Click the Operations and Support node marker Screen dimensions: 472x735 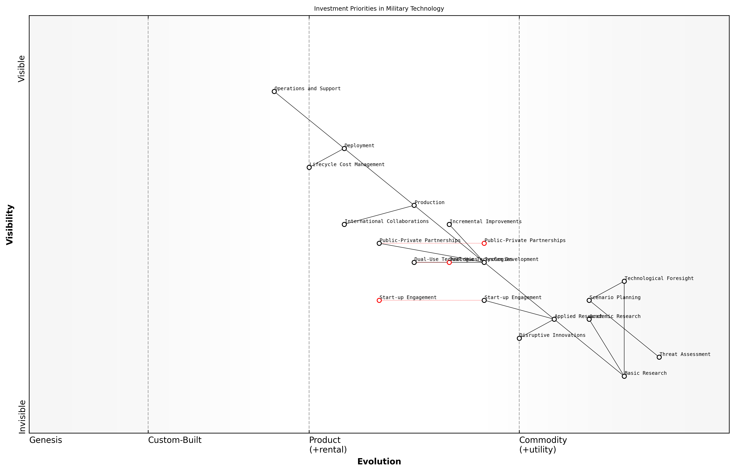(274, 91)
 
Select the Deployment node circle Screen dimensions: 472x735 (344, 148)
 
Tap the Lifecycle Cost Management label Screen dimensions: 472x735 (347, 164)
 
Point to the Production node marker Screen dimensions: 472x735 (414, 205)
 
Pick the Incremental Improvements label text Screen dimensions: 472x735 (485, 222)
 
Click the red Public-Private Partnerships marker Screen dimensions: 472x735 (484, 243)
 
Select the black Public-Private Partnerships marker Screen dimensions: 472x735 (379, 243)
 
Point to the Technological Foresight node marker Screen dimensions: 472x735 (624, 281)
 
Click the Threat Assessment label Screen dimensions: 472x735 (685, 354)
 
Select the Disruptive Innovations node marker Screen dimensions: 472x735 (519, 338)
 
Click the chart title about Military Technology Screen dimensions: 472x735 (379, 9)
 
